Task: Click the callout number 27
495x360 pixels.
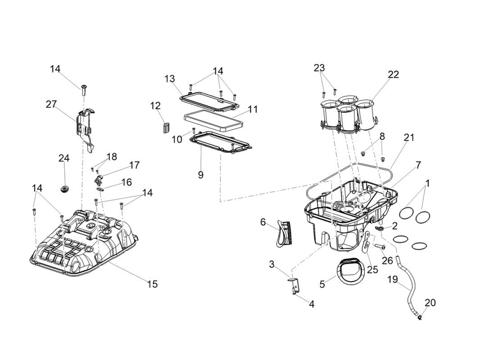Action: point(51,104)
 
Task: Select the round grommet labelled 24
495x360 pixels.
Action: point(65,188)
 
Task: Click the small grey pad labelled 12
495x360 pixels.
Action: point(166,126)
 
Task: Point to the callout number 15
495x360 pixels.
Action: point(153,284)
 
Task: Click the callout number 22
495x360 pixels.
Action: point(393,75)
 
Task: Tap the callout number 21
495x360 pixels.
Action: point(409,138)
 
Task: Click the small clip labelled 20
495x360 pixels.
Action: point(419,318)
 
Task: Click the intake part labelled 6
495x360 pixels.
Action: point(282,233)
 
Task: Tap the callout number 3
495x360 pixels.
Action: point(272,264)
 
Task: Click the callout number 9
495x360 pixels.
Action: point(201,175)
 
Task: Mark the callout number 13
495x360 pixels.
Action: point(170,79)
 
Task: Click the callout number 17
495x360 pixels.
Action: point(135,165)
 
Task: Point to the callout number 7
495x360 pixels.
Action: point(418,165)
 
